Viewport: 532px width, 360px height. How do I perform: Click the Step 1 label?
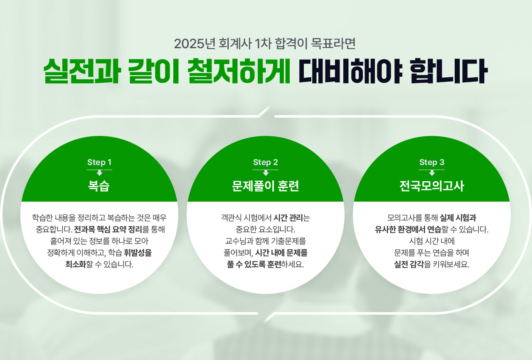[x=99, y=163]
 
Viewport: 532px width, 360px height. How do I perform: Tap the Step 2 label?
[x=266, y=163]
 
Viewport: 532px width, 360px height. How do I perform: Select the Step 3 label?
[x=432, y=163]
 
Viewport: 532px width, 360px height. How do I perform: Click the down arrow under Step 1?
[x=99, y=173]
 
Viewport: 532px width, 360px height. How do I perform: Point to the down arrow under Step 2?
[x=266, y=173]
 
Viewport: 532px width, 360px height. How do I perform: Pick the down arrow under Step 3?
[x=432, y=173]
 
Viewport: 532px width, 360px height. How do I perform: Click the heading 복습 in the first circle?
[x=99, y=186]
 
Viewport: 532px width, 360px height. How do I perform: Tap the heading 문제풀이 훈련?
[x=265, y=186]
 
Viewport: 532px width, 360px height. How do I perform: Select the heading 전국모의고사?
[x=431, y=186]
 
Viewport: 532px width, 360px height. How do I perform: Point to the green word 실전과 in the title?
[x=81, y=71]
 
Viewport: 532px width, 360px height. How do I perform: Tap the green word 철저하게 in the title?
[x=239, y=71]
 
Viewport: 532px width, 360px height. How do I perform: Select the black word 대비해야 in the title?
[x=350, y=71]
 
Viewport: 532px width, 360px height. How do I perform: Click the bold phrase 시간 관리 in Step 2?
[x=288, y=218]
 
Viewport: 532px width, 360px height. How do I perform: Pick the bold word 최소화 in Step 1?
[x=76, y=264]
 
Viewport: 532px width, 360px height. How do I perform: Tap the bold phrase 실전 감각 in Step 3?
[x=409, y=264]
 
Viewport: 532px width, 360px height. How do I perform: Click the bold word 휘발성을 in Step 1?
[x=138, y=253]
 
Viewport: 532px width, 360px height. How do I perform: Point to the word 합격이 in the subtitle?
[x=291, y=44]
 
